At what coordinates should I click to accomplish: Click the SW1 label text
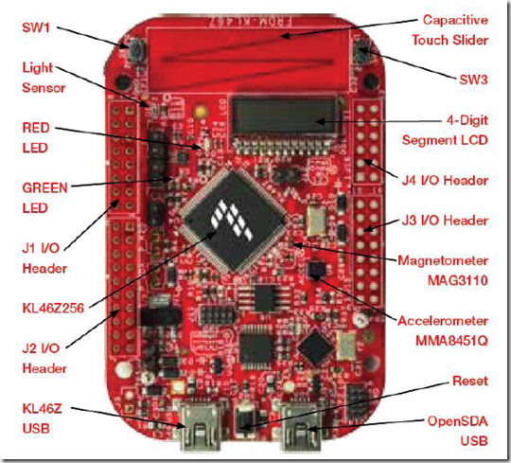(x=36, y=27)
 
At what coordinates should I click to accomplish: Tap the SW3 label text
(x=473, y=80)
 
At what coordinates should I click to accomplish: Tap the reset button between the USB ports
(x=245, y=420)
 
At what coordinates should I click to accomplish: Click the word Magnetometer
(x=443, y=260)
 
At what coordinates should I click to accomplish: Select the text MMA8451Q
(x=451, y=341)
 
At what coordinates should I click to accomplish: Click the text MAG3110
(x=458, y=280)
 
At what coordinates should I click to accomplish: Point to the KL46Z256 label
(x=53, y=308)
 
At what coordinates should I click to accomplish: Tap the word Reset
(x=470, y=381)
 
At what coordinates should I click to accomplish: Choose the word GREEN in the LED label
(x=45, y=188)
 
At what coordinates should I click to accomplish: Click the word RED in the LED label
(x=36, y=128)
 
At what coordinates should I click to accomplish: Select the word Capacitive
(x=455, y=20)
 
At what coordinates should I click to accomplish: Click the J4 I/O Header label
(x=445, y=180)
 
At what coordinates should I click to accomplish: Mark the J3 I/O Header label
(x=445, y=221)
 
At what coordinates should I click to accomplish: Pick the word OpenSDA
(x=458, y=421)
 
